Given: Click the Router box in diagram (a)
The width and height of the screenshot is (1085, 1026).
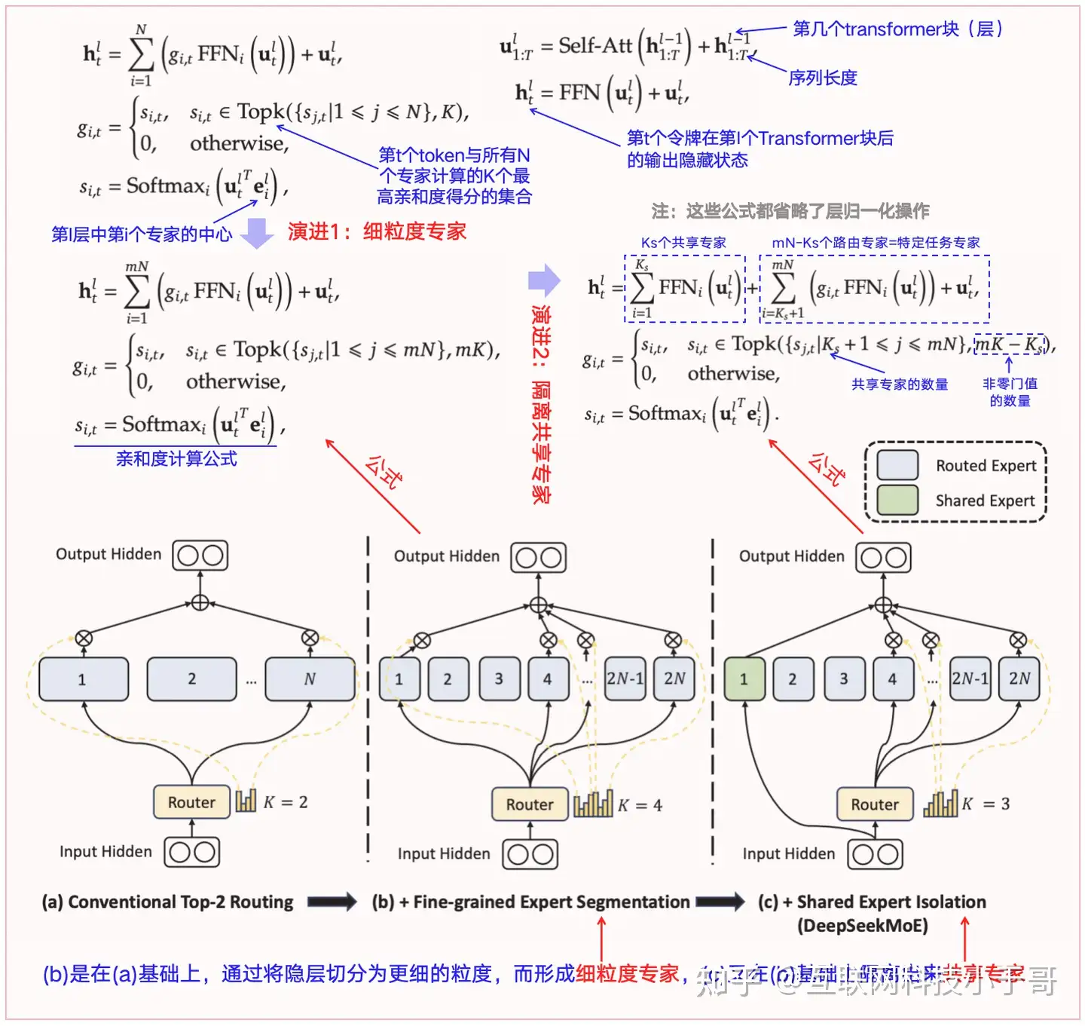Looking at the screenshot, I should click(x=191, y=802).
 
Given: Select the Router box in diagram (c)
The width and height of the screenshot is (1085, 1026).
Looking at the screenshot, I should click(x=875, y=804).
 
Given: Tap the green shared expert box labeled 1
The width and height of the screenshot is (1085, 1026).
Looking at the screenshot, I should click(x=744, y=679).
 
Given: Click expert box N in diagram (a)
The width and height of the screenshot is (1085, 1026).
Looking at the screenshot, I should click(x=310, y=679).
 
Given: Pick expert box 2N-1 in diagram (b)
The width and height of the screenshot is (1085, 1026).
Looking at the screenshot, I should click(x=625, y=678).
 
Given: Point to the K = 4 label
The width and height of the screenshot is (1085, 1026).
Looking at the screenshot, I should click(x=640, y=805).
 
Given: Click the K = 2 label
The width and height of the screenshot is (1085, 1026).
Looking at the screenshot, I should click(x=286, y=802).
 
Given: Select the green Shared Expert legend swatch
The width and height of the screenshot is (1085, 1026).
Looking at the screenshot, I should click(x=897, y=500).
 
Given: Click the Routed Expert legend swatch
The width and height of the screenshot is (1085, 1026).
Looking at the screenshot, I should click(x=897, y=465).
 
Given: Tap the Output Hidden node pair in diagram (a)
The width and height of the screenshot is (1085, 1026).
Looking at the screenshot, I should click(x=200, y=556).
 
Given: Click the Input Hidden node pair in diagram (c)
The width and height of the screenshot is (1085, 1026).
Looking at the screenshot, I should click(x=875, y=854).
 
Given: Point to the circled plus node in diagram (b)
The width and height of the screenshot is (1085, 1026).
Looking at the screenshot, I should click(x=538, y=605).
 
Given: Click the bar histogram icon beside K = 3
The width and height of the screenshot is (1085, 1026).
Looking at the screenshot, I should click(x=940, y=804).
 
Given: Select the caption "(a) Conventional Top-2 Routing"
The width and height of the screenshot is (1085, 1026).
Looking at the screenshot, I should click(x=167, y=902).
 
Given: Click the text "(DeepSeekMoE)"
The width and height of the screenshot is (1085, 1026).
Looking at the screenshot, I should click(x=863, y=925).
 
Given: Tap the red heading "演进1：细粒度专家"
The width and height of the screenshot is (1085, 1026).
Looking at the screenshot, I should click(x=377, y=231).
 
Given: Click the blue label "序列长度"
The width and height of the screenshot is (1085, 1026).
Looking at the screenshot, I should click(x=823, y=78).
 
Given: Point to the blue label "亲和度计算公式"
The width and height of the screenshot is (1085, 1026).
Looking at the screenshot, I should click(x=176, y=458).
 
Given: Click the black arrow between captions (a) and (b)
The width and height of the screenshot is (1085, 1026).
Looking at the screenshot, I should click(x=332, y=902).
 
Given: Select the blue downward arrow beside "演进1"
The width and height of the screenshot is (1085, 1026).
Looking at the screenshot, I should click(x=257, y=233).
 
